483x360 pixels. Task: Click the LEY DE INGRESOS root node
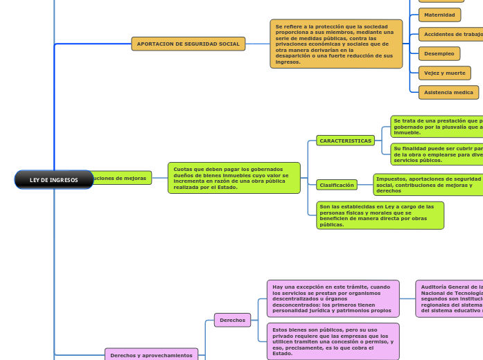pyautogui.click(x=54, y=180)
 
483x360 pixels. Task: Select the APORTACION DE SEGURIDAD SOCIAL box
pyautogui.click(x=188, y=44)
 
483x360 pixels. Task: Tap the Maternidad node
pyautogui.click(x=439, y=15)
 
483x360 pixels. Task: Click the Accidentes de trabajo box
pyautogui.click(x=451, y=34)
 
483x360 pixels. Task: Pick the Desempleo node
pyautogui.click(x=439, y=53)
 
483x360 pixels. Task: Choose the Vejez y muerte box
pyautogui.click(x=444, y=73)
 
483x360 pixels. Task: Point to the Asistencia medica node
pyautogui.click(x=448, y=92)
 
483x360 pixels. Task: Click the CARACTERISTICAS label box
pyautogui.click(x=345, y=141)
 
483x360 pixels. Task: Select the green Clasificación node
pyautogui.click(x=337, y=185)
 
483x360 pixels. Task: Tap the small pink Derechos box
pyautogui.click(x=232, y=320)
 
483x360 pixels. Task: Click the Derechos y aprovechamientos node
pyautogui.click(x=151, y=355)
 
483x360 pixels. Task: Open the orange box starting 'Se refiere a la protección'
pyautogui.click(x=336, y=44)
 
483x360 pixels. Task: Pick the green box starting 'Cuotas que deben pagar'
pyautogui.click(x=234, y=178)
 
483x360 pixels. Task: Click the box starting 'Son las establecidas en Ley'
pyautogui.click(x=380, y=215)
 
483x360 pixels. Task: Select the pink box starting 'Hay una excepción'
pyautogui.click(x=333, y=298)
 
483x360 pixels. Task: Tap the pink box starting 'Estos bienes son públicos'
pyautogui.click(x=333, y=341)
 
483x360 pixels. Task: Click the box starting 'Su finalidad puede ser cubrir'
pyautogui.click(x=437, y=153)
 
